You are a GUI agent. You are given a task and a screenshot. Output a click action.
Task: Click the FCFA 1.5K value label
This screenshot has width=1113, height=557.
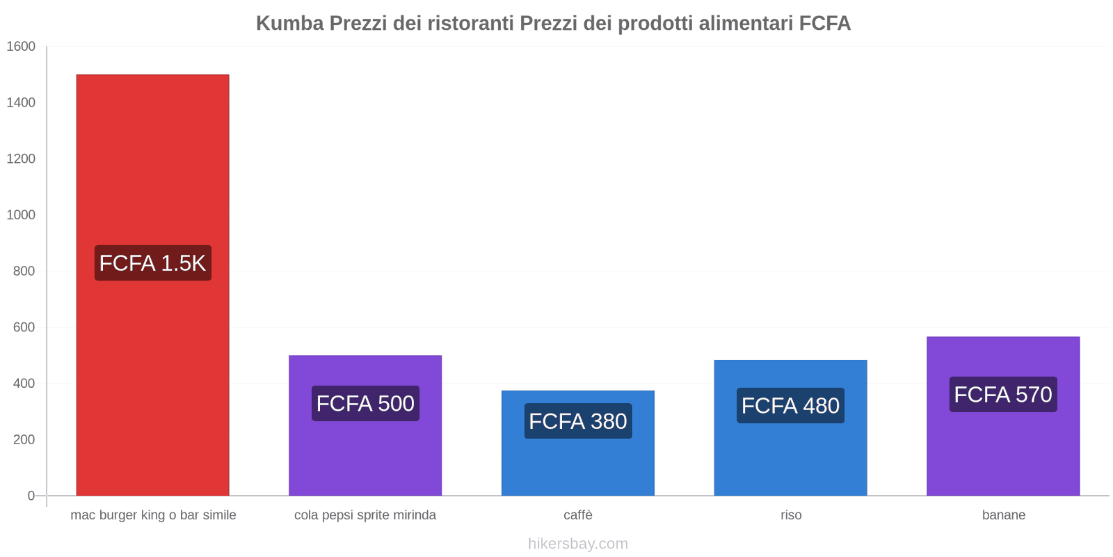point(152,263)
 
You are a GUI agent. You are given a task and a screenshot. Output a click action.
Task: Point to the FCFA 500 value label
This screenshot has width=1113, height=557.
point(365,404)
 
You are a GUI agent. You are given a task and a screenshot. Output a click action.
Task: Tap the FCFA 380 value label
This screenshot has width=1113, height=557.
point(577,421)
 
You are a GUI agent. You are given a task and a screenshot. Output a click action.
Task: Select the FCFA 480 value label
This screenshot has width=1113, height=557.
point(790,406)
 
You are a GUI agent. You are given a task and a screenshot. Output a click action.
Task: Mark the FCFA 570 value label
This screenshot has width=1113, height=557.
point(1003,395)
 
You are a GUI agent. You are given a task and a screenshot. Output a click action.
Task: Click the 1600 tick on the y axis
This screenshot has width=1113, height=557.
point(21,47)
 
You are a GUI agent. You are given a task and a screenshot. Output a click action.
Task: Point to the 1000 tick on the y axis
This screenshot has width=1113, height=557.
point(21,215)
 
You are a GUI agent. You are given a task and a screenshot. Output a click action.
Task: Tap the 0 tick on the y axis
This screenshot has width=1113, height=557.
point(31,496)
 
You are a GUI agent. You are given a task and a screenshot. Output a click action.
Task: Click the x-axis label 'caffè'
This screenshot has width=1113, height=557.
point(577,515)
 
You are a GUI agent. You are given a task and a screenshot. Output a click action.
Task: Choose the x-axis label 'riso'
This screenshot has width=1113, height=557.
point(791,515)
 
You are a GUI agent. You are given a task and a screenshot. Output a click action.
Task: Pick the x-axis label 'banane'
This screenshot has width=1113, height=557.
point(1003,515)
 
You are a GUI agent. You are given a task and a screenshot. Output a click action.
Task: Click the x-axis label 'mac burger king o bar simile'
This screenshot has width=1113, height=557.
point(153,515)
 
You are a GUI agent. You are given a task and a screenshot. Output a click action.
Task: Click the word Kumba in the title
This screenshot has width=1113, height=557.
point(289,24)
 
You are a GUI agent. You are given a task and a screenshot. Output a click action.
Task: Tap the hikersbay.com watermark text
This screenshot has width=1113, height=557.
point(577,544)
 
